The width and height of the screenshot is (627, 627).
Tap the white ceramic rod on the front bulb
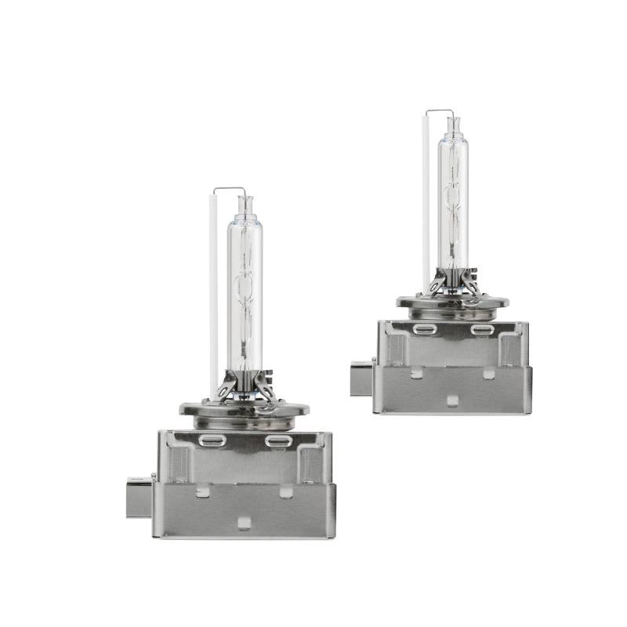click(x=213, y=298)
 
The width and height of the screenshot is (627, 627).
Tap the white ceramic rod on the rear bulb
click(x=426, y=204)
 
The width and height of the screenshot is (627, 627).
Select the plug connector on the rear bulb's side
click(x=362, y=378)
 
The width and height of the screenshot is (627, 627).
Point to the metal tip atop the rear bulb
click(x=453, y=124)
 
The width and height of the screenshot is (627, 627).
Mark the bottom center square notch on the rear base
click(x=452, y=400)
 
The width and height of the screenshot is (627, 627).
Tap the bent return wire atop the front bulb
click(x=228, y=188)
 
